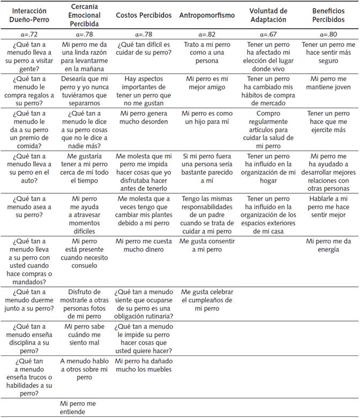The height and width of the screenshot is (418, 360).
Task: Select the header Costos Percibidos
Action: (x=144, y=14)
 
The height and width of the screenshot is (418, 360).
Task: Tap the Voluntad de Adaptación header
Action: (x=268, y=14)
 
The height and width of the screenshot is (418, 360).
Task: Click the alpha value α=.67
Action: (x=268, y=34)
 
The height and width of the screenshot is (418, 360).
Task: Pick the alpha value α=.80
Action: (x=328, y=34)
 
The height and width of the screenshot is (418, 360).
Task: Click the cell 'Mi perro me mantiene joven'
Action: (x=328, y=83)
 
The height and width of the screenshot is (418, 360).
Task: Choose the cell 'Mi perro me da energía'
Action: (x=328, y=245)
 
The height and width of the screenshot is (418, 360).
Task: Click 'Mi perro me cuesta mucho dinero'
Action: (x=144, y=245)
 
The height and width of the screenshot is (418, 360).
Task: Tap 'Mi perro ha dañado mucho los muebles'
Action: (x=144, y=365)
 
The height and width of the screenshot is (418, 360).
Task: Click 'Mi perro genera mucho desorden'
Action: (x=144, y=118)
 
